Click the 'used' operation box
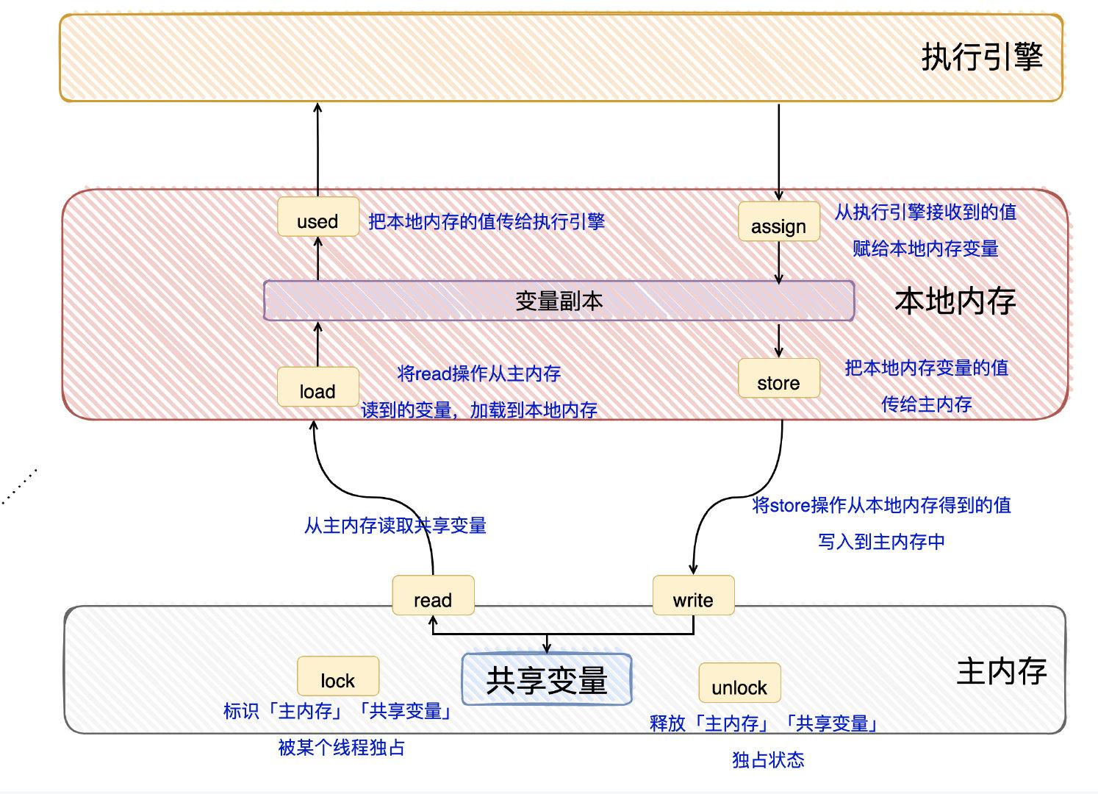click(x=317, y=218)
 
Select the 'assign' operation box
click(x=778, y=222)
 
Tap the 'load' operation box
click(x=317, y=387)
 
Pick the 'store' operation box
click(x=778, y=379)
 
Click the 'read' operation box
click(x=433, y=596)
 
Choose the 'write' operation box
click(x=693, y=596)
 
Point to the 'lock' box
click(x=338, y=676)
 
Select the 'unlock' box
click(x=739, y=683)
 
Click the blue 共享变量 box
click(x=546, y=679)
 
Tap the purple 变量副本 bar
click(x=559, y=301)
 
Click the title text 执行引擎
click(x=983, y=57)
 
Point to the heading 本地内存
click(x=955, y=301)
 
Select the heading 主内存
click(x=1001, y=670)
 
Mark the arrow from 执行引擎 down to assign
click(x=779, y=151)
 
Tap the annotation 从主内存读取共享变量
click(x=395, y=526)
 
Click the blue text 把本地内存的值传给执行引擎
click(x=487, y=221)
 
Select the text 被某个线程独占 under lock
click(x=341, y=748)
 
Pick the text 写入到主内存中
click(x=881, y=542)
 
